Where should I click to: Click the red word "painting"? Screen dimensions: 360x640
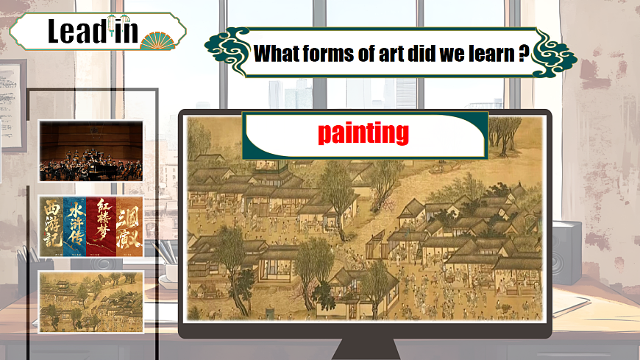363,133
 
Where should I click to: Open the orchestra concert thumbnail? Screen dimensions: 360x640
90,152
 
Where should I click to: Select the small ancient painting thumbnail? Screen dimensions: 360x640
90,302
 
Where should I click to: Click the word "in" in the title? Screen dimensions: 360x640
125,31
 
